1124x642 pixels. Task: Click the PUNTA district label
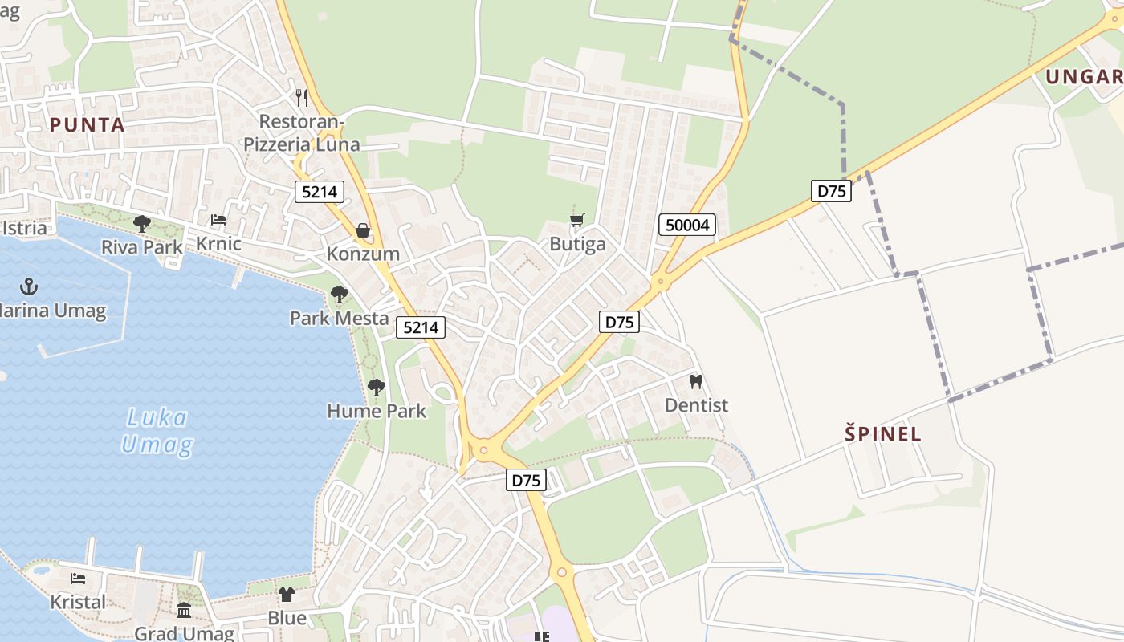tap(87, 124)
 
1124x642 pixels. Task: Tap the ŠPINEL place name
tap(882, 434)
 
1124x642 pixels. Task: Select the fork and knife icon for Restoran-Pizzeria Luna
tap(302, 98)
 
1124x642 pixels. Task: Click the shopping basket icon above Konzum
tap(363, 231)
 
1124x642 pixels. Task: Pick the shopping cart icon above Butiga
tap(576, 221)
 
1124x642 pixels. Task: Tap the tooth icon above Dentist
tap(695, 382)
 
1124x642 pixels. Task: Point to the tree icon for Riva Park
tap(142, 224)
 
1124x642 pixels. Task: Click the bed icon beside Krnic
tap(218, 220)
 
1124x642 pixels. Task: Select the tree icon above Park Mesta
tap(340, 295)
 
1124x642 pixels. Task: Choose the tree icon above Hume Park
tap(376, 388)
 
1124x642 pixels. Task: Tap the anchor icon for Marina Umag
tap(29, 286)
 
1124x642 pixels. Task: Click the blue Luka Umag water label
tap(157, 431)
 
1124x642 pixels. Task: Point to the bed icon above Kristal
tap(78, 579)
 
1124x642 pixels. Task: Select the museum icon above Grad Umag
tap(184, 611)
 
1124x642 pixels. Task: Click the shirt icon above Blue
tap(287, 595)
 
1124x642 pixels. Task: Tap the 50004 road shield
tap(688, 225)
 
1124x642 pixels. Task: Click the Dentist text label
tap(696, 405)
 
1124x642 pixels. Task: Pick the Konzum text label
tap(363, 254)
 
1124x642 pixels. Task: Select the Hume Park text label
tap(377, 411)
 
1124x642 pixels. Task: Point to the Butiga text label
tap(577, 244)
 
